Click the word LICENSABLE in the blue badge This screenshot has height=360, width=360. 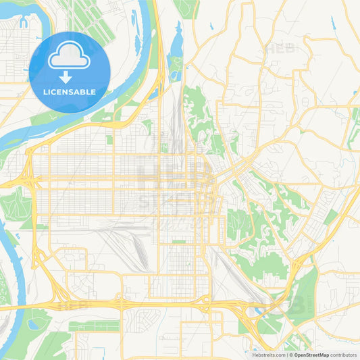70,91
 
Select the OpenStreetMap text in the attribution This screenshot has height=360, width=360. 311,354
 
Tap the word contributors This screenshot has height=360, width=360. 343,354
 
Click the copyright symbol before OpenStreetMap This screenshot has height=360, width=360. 289,354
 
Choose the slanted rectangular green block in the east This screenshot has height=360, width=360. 330,217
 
